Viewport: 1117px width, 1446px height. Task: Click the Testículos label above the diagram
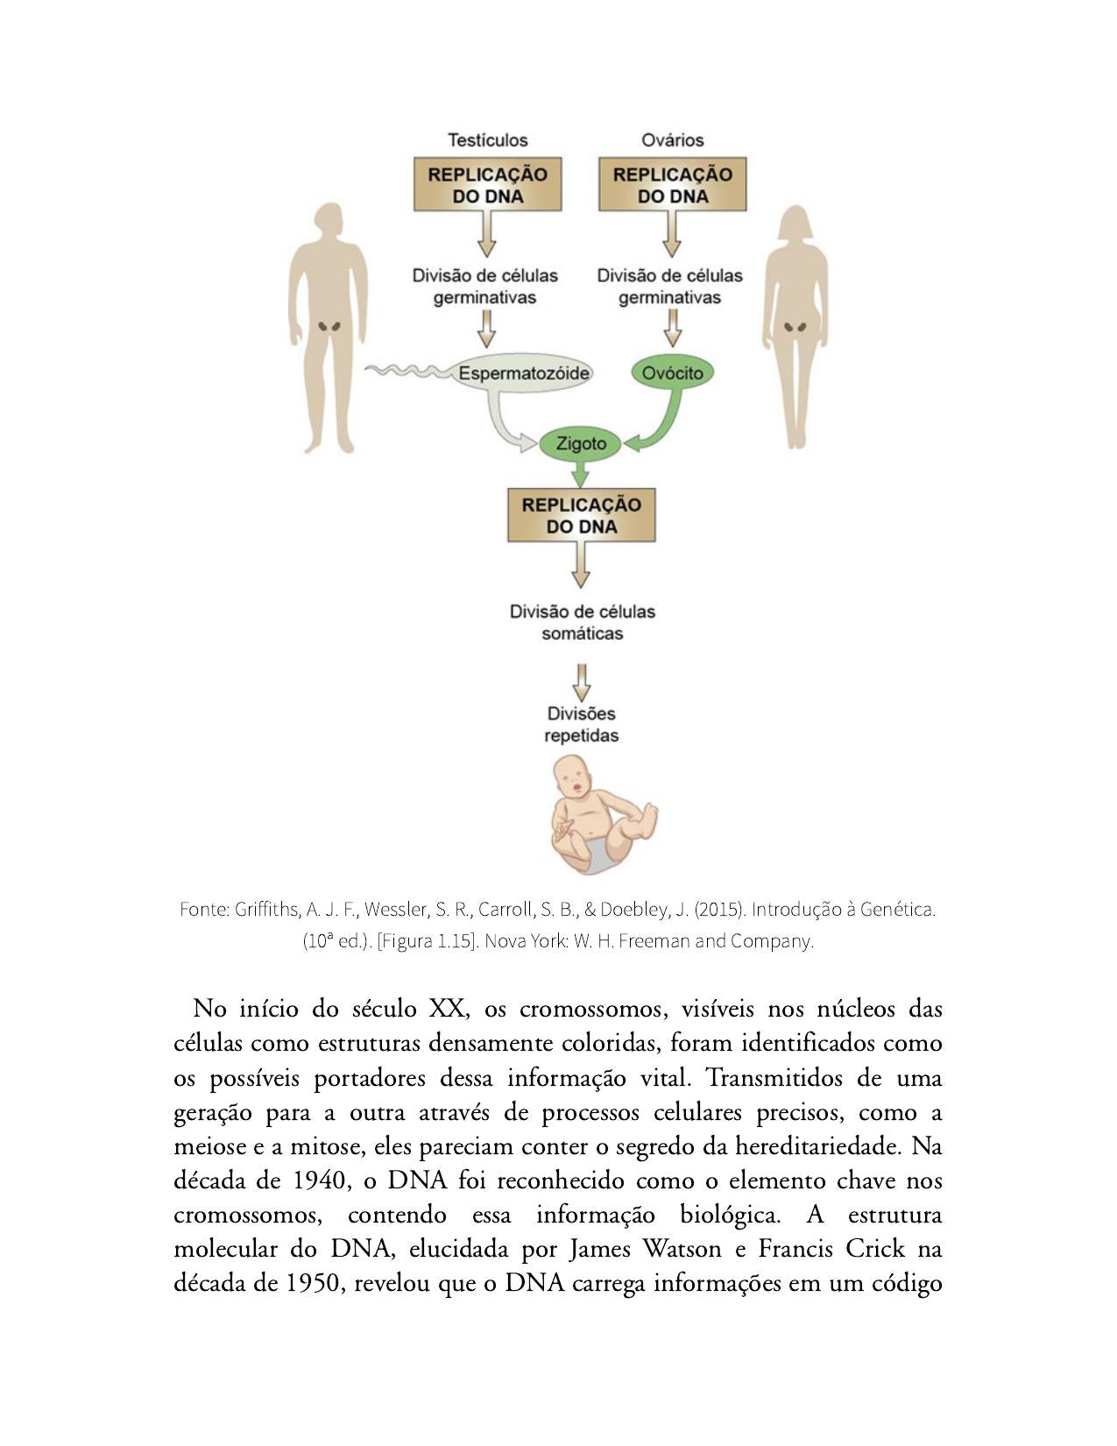(x=487, y=140)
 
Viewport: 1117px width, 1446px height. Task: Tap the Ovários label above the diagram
(x=672, y=140)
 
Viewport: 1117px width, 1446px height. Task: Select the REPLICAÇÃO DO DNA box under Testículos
(x=487, y=184)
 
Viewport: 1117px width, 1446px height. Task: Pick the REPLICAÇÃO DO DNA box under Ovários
(x=672, y=184)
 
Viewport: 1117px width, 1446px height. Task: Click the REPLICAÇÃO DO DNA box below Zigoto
(x=581, y=515)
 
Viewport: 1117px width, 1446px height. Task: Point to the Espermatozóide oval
(x=523, y=372)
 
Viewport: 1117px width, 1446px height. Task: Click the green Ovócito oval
(x=672, y=372)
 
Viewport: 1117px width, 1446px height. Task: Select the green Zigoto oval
(x=580, y=443)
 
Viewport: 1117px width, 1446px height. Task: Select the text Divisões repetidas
(x=581, y=724)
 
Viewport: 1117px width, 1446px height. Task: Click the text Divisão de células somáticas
(x=582, y=622)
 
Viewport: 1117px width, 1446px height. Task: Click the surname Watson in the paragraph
(x=682, y=1248)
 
